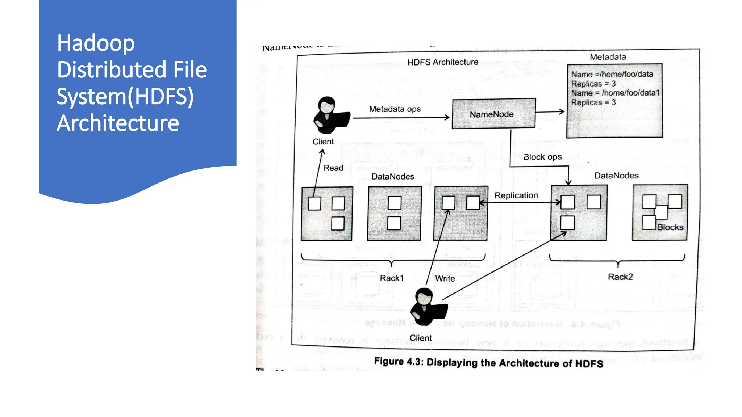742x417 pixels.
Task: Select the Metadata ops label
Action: point(395,109)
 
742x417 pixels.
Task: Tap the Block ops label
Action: point(542,157)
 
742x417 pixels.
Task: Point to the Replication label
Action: point(516,195)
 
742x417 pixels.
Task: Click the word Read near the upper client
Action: point(333,168)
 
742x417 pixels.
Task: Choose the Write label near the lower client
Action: point(445,278)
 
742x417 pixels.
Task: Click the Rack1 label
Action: point(392,278)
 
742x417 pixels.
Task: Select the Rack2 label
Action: point(620,277)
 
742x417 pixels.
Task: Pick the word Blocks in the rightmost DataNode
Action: point(670,227)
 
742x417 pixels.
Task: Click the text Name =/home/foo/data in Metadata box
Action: point(612,74)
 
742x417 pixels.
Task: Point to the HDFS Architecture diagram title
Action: point(443,62)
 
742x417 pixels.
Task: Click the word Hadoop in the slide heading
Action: point(96,43)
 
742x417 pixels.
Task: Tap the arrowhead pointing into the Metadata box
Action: point(562,111)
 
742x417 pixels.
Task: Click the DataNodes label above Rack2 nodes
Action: point(616,176)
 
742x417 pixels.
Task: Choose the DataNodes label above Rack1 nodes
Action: point(393,177)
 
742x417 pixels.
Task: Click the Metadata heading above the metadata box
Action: point(608,57)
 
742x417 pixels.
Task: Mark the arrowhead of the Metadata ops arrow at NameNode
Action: point(447,117)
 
